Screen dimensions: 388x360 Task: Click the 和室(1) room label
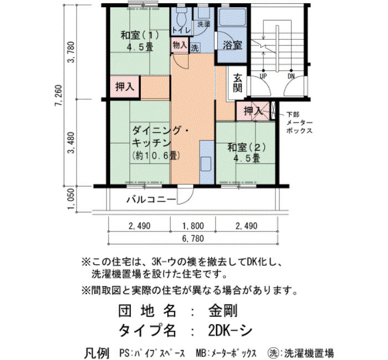click(x=140, y=35)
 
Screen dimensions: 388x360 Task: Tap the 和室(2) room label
click(x=247, y=148)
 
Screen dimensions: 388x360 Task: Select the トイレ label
click(x=182, y=30)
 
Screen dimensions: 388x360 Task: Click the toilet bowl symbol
click(x=182, y=18)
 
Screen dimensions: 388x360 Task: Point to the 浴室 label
click(x=232, y=45)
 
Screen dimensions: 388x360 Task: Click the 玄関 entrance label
click(x=237, y=83)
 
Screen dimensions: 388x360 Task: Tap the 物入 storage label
click(x=180, y=45)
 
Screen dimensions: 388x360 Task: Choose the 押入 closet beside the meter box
click(x=253, y=111)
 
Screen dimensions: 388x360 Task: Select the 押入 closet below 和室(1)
click(x=125, y=87)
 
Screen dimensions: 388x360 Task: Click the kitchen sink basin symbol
click(x=206, y=164)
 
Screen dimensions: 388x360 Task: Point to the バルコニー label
click(x=151, y=199)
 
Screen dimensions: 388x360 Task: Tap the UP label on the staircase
click(x=263, y=76)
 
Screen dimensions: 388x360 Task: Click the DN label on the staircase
click(x=291, y=76)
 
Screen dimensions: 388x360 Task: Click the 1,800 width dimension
click(x=193, y=226)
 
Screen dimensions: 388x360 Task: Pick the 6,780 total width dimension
click(x=193, y=239)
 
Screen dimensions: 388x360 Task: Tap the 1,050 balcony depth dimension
click(x=71, y=199)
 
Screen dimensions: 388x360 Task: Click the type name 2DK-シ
click(x=230, y=330)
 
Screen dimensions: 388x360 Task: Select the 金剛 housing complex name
click(x=223, y=311)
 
